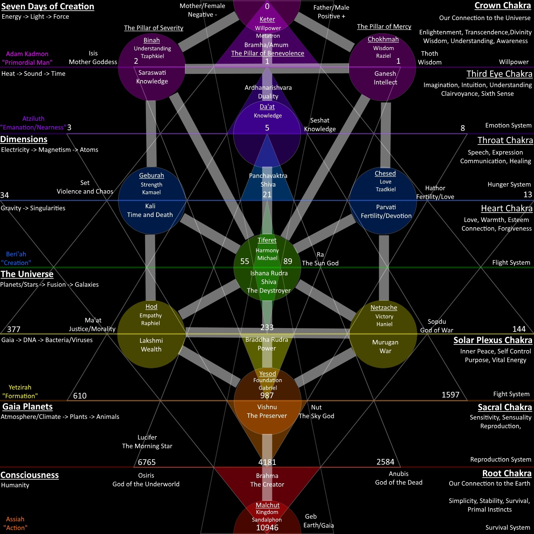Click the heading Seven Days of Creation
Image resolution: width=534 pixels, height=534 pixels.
[x=48, y=7]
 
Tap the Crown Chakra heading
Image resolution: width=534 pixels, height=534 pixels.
[x=503, y=6]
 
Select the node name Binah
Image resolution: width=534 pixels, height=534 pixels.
[x=152, y=40]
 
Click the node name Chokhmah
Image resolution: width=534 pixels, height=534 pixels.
[x=383, y=39]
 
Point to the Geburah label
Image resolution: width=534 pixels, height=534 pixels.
[x=152, y=176]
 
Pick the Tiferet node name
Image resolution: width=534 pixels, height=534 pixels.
[x=267, y=240]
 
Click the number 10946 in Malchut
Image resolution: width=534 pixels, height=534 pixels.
[x=267, y=528]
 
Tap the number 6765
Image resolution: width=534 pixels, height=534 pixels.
[x=147, y=462]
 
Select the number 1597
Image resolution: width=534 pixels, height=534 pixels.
[x=450, y=395]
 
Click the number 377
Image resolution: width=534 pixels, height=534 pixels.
[x=14, y=329]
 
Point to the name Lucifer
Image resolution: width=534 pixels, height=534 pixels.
[x=147, y=438]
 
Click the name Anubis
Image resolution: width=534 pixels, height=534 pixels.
[x=398, y=474]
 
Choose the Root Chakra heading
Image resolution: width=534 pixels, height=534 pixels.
[x=507, y=474]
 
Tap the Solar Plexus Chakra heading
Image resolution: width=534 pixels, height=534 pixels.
[x=493, y=340]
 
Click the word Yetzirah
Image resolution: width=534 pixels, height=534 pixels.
[x=20, y=387]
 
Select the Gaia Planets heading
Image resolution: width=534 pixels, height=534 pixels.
[x=27, y=407]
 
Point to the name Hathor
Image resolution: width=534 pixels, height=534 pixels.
[x=435, y=188]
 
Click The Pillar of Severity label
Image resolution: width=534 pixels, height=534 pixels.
[x=154, y=28]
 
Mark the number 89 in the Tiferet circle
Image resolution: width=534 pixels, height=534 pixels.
[x=288, y=261]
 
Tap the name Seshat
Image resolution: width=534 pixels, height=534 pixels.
[x=320, y=120]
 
